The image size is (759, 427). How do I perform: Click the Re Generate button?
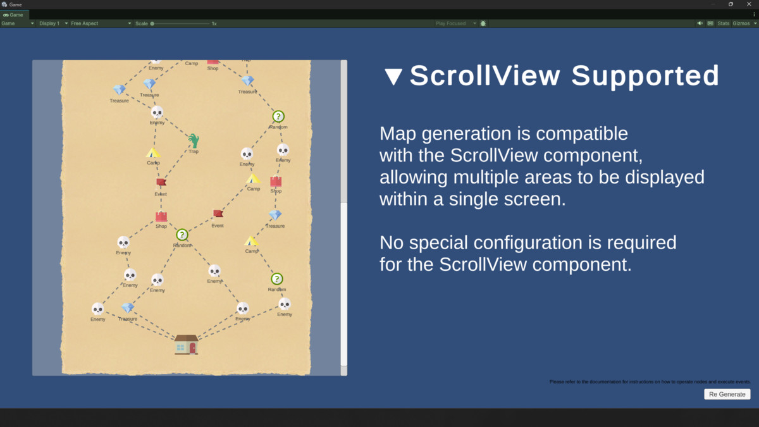[x=727, y=394]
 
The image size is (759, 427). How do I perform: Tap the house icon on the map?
[x=186, y=344]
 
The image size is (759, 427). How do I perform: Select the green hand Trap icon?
[x=194, y=140]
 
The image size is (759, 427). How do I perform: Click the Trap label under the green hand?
[x=194, y=152]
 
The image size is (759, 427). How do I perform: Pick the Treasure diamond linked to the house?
[x=128, y=308]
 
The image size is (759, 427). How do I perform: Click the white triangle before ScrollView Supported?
[x=393, y=77]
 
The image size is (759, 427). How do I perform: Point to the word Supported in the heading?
[x=645, y=76]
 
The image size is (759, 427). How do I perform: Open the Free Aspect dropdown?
[x=101, y=23]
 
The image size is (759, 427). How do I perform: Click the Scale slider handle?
[x=152, y=23]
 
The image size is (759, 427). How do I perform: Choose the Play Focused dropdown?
[x=455, y=23]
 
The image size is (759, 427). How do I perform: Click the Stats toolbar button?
[x=723, y=23]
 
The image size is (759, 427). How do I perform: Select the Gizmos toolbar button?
[x=743, y=23]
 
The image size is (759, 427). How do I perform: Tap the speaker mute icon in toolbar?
[x=700, y=23]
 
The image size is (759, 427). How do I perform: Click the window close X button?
[x=749, y=4]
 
